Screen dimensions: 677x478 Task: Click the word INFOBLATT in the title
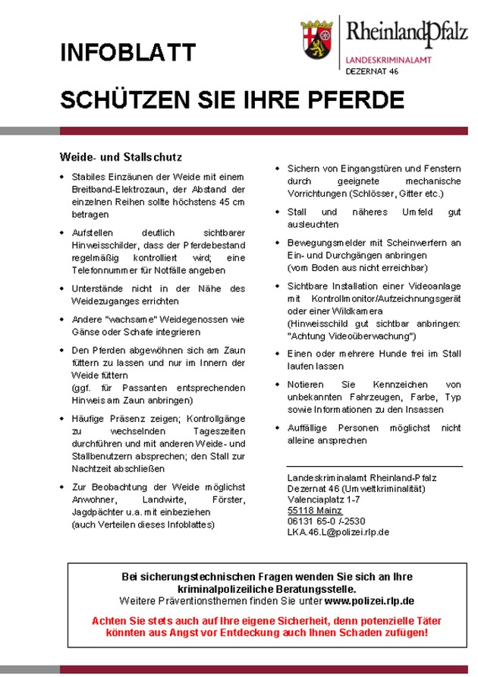coord(128,53)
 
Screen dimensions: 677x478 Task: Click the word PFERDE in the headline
coord(360,101)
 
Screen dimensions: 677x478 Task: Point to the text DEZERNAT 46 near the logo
coord(372,70)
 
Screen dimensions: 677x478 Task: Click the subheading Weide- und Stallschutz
coord(121,158)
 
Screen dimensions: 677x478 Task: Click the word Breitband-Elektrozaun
coord(118,189)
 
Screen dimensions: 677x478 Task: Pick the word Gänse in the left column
coord(86,332)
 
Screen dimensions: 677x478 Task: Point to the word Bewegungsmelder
coord(322,243)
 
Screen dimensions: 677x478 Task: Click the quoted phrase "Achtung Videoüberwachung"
coord(352,335)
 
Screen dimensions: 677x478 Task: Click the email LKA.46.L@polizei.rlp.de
coord(338,532)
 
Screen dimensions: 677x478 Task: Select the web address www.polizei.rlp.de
coord(370,600)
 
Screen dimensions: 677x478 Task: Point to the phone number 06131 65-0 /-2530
coord(325,521)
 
